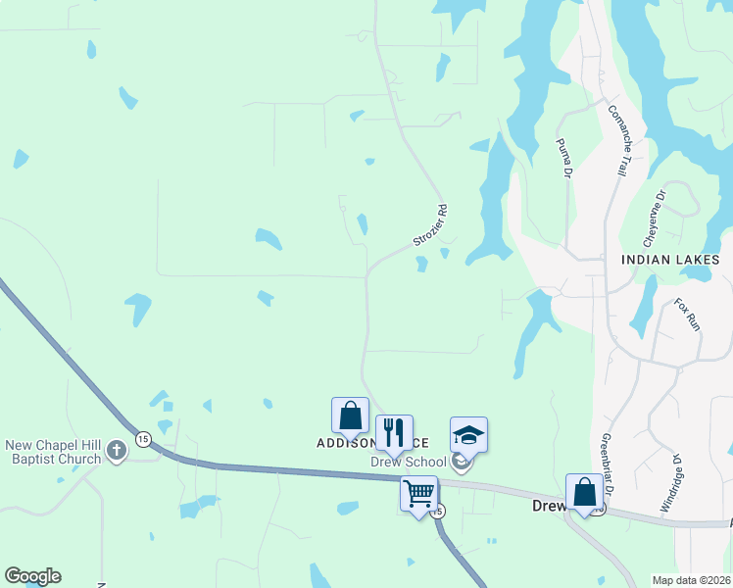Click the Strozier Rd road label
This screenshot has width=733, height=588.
[430, 226]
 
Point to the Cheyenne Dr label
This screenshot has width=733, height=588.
[654, 218]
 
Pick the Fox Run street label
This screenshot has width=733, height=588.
[689, 314]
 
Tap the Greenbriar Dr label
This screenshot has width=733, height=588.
[607, 464]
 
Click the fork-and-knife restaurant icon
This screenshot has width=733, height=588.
[394, 431]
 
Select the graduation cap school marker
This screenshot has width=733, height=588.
[468, 433]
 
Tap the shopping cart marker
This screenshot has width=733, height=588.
[418, 493]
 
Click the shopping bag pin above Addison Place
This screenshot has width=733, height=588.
[350, 415]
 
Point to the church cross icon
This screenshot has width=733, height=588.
[117, 451]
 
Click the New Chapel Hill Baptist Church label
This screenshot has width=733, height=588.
[53, 452]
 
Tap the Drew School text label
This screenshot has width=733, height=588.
[408, 462]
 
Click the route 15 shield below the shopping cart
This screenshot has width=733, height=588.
[438, 512]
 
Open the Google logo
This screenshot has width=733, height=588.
[32, 576]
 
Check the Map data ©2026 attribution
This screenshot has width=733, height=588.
[691, 580]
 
